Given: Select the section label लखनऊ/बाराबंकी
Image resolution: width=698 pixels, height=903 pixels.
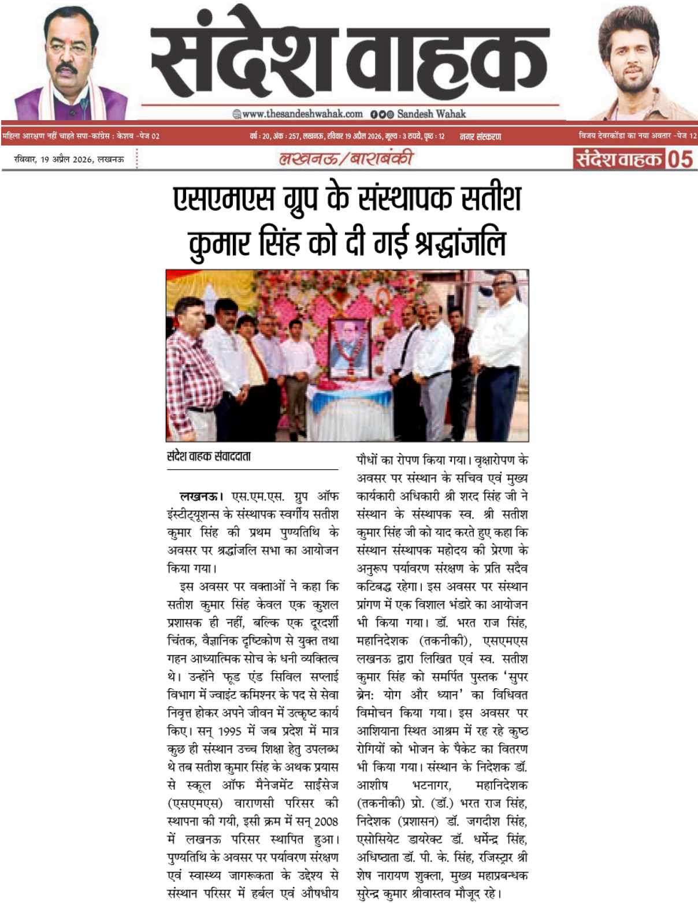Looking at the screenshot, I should [346, 158].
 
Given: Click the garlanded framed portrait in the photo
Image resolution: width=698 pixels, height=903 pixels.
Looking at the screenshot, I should [348, 348].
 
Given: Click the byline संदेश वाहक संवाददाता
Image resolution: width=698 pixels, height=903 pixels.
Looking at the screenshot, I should [209, 456].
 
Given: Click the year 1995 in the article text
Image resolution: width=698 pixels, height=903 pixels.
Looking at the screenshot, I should [230, 730].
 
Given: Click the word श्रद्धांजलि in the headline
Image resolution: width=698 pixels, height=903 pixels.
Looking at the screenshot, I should [460, 243].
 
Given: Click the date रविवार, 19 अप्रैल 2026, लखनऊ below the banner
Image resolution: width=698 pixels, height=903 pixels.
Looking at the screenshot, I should [69, 159].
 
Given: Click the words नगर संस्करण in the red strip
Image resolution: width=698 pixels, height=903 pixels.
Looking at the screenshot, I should [480, 136].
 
